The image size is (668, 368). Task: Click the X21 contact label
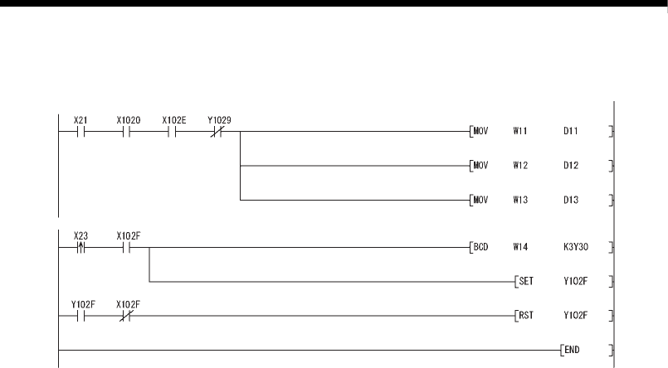pos(81,120)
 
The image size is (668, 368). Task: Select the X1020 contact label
pos(129,120)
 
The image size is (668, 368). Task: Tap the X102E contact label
pos(174,120)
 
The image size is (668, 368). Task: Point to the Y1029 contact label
pos(220,120)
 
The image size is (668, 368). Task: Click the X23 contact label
pos(81,235)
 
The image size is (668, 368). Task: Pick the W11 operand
pos(520,131)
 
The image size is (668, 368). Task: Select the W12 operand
pos(520,166)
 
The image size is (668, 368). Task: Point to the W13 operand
pos(520,200)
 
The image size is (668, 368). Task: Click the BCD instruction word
pos(480,246)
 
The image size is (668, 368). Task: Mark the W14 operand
pos(520,246)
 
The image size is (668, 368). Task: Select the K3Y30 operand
pos(574,246)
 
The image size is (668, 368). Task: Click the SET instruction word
pos(526,281)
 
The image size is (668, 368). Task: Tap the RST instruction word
pos(526,315)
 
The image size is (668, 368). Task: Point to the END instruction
pos(573,350)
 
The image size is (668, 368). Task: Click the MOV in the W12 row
pos(480,166)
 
